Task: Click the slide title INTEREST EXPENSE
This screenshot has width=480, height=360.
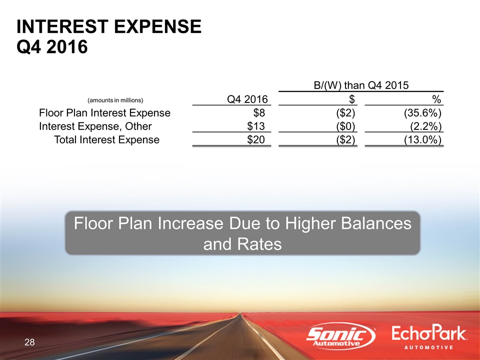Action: pyautogui.click(x=109, y=26)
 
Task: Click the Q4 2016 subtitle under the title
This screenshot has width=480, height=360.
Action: pyautogui.click(x=52, y=47)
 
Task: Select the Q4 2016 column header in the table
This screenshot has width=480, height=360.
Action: pyautogui.click(x=247, y=99)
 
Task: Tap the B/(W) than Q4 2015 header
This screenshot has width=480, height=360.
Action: pyautogui.click(x=361, y=85)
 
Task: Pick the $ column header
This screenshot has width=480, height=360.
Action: pyautogui.click(x=352, y=99)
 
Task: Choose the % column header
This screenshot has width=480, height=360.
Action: pyautogui.click(x=436, y=99)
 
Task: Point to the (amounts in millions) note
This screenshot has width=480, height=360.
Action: pyautogui.click(x=115, y=100)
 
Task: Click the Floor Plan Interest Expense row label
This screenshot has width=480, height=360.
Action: pyautogui.click(x=104, y=113)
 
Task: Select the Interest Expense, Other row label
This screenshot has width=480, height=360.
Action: pyautogui.click(x=95, y=126)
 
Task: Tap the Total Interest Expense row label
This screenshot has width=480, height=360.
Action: pyautogui.click(x=107, y=140)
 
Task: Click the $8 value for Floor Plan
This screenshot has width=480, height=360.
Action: pyautogui.click(x=259, y=113)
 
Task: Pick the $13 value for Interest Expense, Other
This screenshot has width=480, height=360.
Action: pyautogui.click(x=256, y=126)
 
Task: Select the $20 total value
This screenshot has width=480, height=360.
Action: pyautogui.click(x=256, y=140)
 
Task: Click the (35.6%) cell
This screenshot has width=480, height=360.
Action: pyautogui.click(x=423, y=113)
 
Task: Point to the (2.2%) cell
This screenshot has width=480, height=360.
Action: pyautogui.click(x=426, y=126)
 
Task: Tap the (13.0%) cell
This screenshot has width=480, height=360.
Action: pyautogui.click(x=423, y=140)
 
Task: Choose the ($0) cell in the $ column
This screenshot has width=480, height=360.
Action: pyautogui.click(x=345, y=126)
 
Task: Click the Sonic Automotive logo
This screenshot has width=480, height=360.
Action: pyautogui.click(x=340, y=336)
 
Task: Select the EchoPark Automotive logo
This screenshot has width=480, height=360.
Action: pyautogui.click(x=429, y=337)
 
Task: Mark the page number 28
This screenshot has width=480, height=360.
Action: pyautogui.click(x=29, y=342)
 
